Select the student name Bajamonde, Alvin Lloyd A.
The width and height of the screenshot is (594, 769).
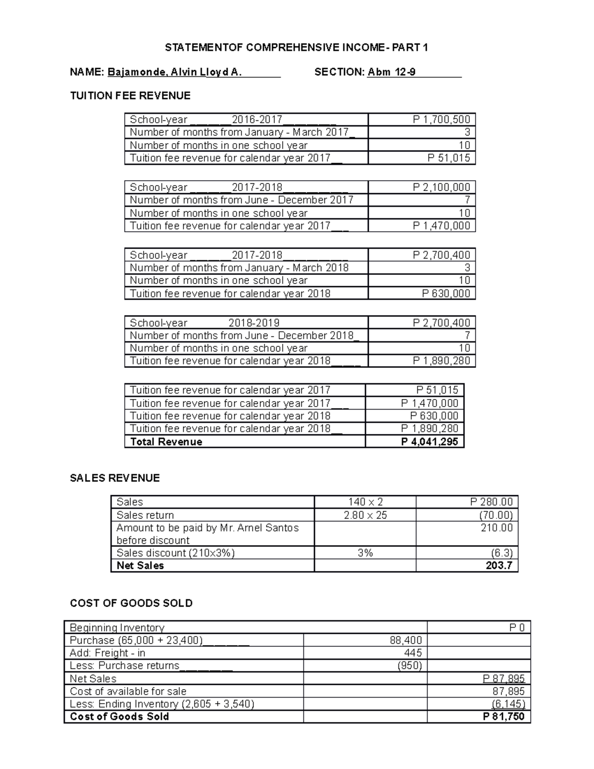[175, 72]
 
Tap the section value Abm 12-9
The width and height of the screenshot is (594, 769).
[392, 72]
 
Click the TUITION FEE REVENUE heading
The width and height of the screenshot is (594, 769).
[130, 96]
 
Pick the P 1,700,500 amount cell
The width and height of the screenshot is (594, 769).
[441, 119]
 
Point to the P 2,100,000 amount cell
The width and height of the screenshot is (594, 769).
[441, 187]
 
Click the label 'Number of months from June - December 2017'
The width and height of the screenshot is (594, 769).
[242, 200]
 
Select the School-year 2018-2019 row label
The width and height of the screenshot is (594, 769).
[204, 323]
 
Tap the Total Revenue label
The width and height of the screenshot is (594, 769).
[166, 442]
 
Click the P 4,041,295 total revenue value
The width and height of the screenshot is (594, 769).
[429, 442]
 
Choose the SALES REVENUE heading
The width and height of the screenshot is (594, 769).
[115, 478]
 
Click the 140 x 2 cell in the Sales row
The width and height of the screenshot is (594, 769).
[365, 502]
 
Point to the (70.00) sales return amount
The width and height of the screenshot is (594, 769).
[495, 515]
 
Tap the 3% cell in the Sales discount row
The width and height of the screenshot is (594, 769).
[365, 553]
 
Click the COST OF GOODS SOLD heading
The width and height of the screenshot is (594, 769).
[131, 603]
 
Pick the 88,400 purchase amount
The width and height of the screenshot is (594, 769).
[406, 640]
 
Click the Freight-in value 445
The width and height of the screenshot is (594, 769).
[413, 653]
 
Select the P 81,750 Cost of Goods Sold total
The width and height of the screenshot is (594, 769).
[503, 717]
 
